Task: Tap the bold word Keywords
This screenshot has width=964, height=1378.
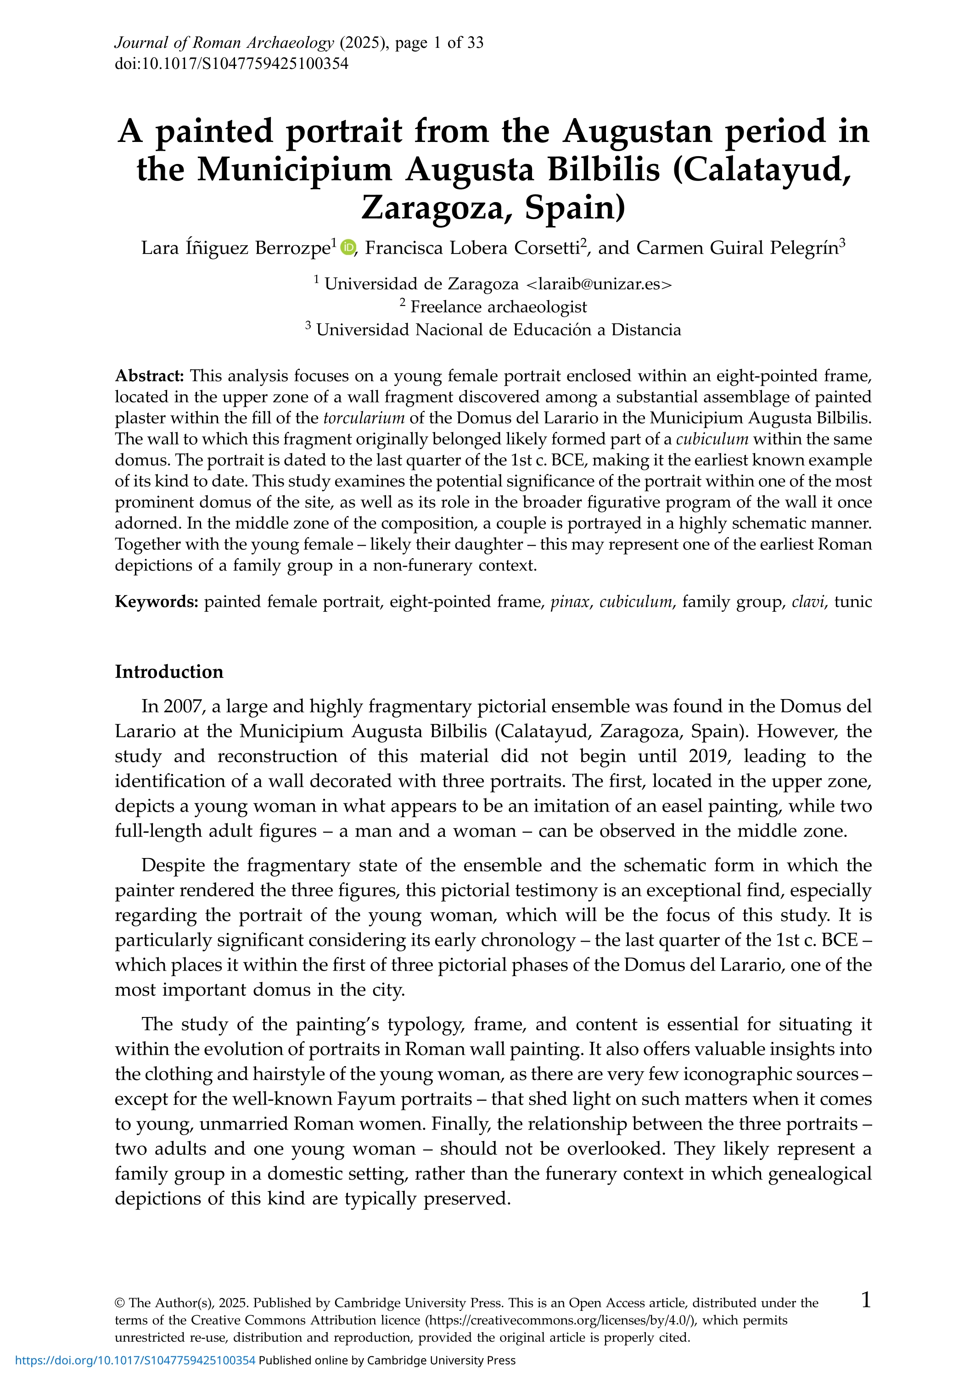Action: point(156,602)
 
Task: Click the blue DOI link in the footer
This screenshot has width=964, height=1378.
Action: point(135,1361)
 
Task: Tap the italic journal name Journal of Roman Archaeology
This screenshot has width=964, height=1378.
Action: point(224,43)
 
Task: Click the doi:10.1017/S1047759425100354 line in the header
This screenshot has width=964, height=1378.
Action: point(231,64)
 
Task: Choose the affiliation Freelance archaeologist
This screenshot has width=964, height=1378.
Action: point(499,307)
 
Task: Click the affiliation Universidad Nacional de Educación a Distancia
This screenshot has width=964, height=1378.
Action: point(499,330)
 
